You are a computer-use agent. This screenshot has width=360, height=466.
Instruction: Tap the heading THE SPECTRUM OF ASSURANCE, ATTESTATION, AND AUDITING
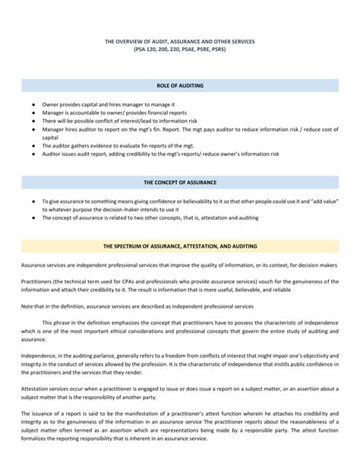pos(181,246)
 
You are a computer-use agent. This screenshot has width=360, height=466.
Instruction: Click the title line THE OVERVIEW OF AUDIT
pos(180,39)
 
